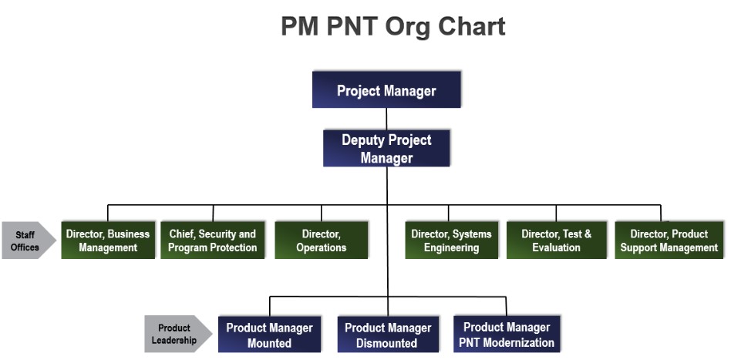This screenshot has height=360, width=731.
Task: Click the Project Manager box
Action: pos(386,89)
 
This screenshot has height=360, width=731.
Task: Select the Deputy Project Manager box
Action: pos(386,148)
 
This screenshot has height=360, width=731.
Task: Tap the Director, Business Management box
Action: pos(108,241)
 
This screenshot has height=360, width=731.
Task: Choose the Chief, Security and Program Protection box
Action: pos(213,241)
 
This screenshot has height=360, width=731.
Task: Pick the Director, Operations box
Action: pos(322,241)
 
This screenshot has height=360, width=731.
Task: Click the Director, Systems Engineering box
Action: pos(451,241)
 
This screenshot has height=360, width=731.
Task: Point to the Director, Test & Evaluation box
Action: pos(556,241)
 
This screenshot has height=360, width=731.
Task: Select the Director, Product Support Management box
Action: pos(669,241)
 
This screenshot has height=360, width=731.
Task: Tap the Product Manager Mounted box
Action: pos(269,335)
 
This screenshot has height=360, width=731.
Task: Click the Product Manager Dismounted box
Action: pos(388,335)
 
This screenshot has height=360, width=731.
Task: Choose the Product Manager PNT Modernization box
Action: pos(507,335)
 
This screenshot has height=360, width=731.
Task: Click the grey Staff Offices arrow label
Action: pos(29,241)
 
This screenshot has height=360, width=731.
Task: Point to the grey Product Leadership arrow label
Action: pos(178,334)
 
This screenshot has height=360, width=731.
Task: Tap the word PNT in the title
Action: pos(352,26)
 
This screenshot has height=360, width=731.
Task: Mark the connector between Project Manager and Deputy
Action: pos(386,119)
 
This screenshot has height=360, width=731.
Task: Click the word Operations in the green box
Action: pos(322,247)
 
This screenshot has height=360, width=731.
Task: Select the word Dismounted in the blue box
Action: pos(387,343)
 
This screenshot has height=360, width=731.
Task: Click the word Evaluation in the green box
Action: pos(556,247)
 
